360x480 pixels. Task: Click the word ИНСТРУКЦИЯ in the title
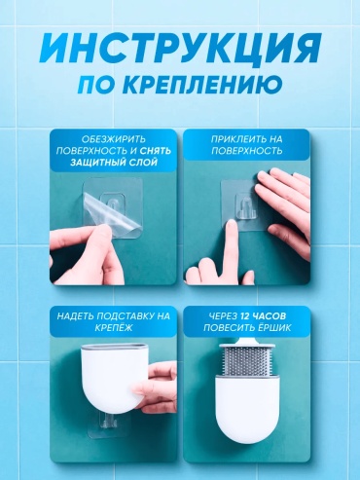[x=180, y=49]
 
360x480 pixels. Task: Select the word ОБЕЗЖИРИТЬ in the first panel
[x=114, y=139]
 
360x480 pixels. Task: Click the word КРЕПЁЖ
[x=114, y=327]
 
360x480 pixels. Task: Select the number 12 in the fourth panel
[x=245, y=316]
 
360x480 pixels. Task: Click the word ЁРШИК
[x=274, y=328]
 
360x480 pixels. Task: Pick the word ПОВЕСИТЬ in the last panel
[x=230, y=328]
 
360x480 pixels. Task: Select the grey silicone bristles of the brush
[x=247, y=361]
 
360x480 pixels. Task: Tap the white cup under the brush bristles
[x=247, y=412]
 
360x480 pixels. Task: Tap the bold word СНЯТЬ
[x=156, y=151]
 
